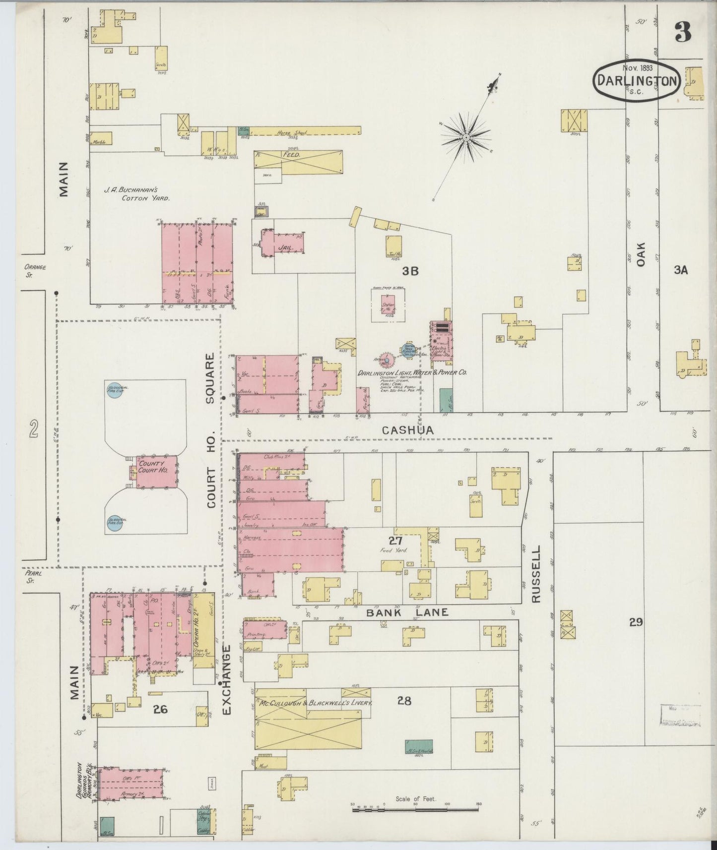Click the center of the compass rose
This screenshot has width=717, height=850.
(466, 136)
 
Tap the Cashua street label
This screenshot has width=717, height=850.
(407, 431)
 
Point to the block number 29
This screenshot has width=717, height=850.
(636, 622)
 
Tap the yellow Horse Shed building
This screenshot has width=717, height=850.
(305, 132)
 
